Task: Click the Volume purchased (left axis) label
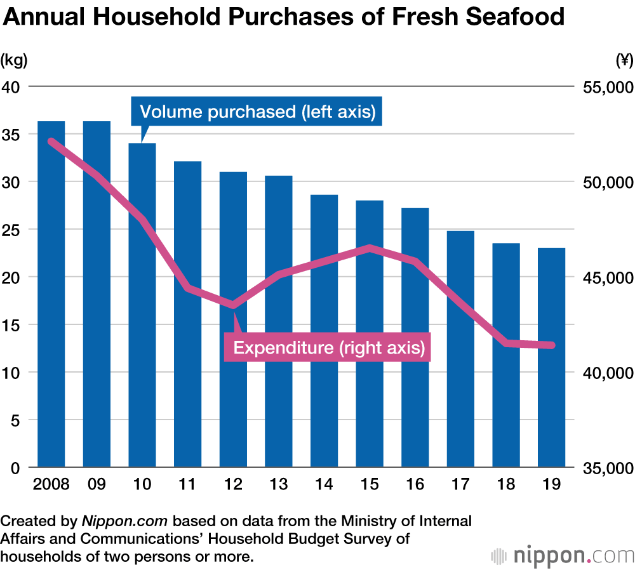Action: [x=257, y=112]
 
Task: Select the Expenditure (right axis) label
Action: [x=328, y=348]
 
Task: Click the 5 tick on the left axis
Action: [x=15, y=420]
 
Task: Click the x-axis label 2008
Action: [x=51, y=484]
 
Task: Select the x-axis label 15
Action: [x=370, y=484]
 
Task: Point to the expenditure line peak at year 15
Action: [x=370, y=248]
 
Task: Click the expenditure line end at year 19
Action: [x=551, y=345]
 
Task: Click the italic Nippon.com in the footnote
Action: [x=124, y=522]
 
